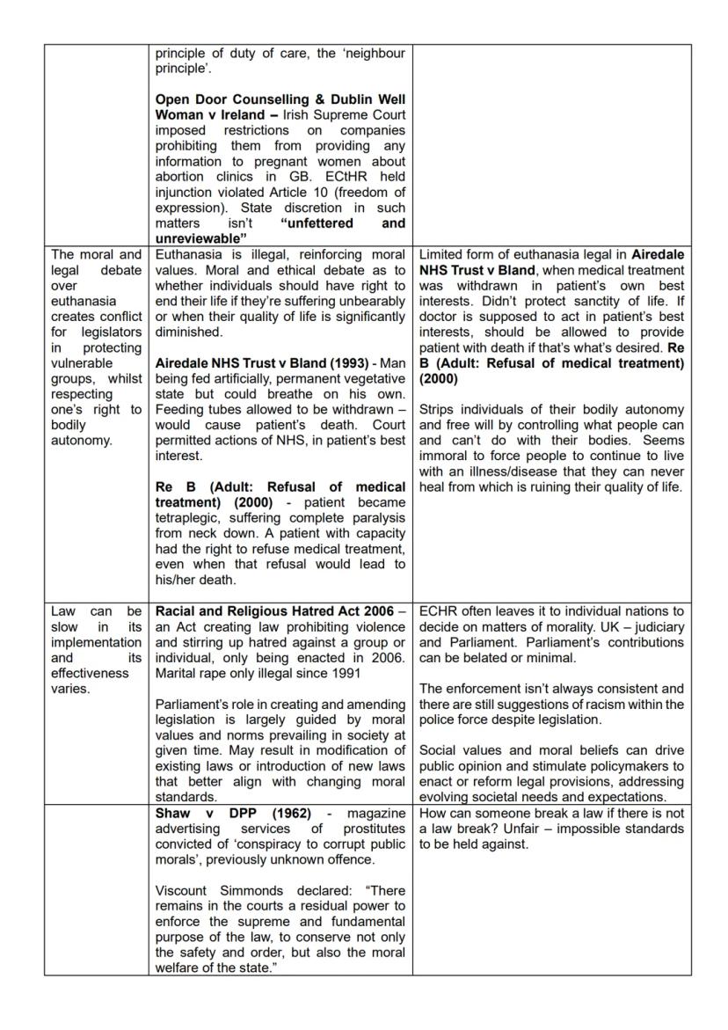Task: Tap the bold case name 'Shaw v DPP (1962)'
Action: click(226, 814)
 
